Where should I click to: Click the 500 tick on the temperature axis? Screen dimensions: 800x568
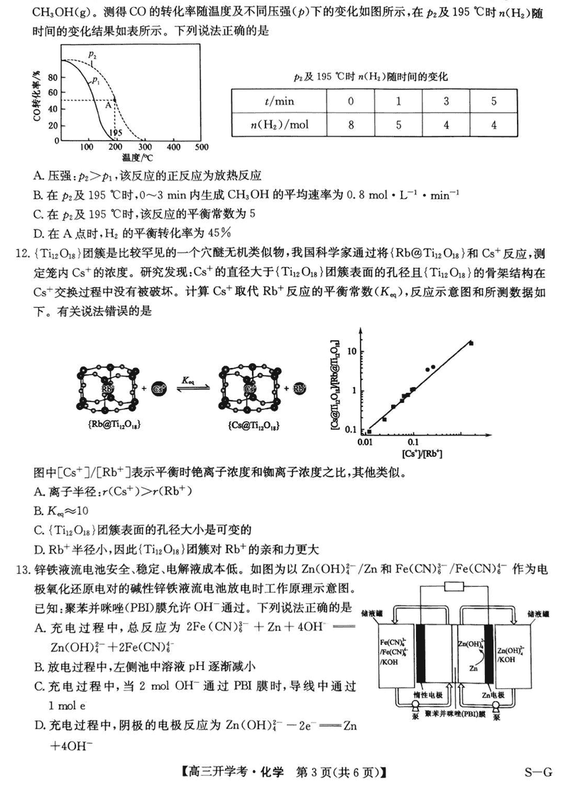click(x=201, y=147)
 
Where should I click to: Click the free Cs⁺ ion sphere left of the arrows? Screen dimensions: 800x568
click(x=160, y=389)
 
